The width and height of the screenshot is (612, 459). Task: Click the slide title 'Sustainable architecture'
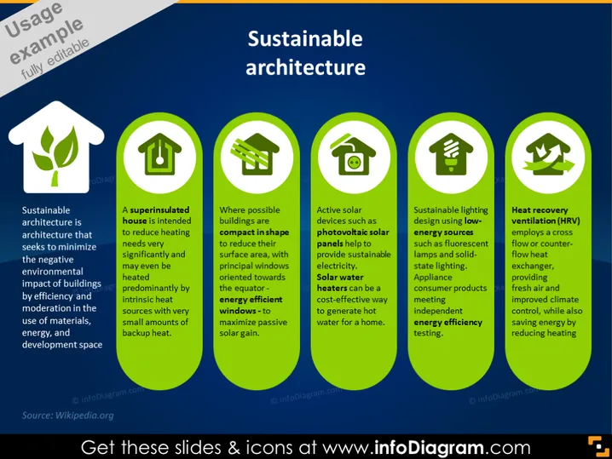[305, 53]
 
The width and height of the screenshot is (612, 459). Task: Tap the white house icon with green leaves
[56, 147]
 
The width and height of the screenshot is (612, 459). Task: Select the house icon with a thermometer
[159, 154]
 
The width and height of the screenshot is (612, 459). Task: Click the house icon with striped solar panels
[255, 154]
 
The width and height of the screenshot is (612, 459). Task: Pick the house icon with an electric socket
[353, 155]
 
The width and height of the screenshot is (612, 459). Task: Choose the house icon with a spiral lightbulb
[451, 154]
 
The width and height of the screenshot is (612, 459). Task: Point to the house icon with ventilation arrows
[549, 154]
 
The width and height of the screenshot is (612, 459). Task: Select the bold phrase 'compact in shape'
[254, 232]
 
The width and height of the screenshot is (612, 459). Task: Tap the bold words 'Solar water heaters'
[339, 283]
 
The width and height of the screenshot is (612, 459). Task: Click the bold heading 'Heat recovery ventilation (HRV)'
[546, 215]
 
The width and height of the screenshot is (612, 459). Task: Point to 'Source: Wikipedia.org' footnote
[68, 416]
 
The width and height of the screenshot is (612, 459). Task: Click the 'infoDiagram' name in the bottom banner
[429, 447]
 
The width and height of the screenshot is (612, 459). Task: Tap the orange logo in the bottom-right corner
[598, 446]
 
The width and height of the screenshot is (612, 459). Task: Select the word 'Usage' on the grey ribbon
[33, 20]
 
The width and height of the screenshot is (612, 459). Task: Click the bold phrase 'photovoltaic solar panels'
[353, 238]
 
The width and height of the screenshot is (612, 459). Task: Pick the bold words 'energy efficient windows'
[251, 305]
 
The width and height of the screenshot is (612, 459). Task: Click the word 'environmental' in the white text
[52, 272]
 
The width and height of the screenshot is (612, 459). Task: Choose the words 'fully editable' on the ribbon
[55, 59]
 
